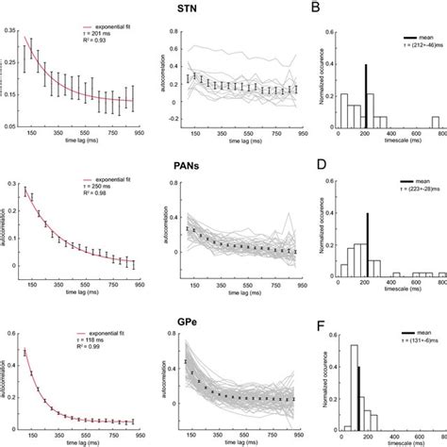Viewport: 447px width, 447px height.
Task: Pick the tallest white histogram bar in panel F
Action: tap(354, 390)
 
